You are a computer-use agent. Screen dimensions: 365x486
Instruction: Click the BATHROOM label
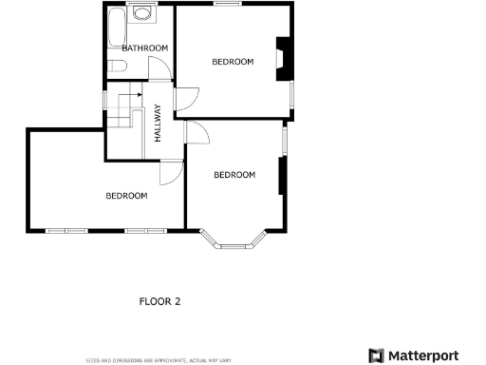tap(144, 48)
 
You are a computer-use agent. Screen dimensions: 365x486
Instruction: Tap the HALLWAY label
tap(159, 123)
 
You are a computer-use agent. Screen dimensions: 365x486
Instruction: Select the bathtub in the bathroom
tap(115, 28)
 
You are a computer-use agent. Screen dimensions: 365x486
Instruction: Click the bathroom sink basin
tap(142, 13)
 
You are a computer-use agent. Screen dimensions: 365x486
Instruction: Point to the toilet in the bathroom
tap(117, 66)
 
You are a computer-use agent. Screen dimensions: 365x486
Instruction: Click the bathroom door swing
tap(161, 69)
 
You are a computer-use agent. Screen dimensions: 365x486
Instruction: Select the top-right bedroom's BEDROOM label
tap(233, 62)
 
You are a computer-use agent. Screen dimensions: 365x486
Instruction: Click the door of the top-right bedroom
tap(187, 97)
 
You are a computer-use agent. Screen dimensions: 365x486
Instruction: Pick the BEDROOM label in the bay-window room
tap(234, 175)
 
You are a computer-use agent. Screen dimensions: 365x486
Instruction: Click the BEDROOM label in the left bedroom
tap(126, 196)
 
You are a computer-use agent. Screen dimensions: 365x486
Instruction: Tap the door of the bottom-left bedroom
tap(171, 172)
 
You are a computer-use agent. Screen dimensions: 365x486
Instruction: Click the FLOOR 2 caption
tap(159, 301)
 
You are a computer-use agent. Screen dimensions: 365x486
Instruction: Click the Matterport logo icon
tap(376, 355)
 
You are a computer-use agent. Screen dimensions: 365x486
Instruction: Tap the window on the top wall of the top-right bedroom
tap(226, 4)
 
